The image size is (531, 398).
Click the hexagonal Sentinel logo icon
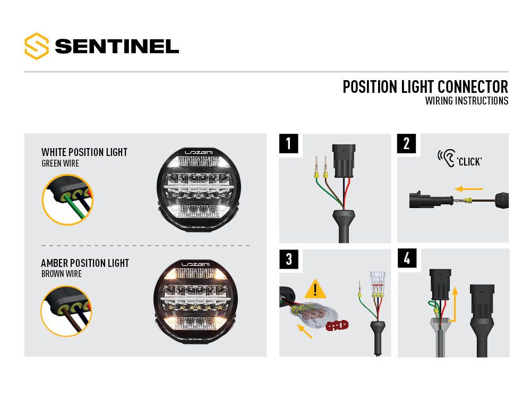tap(37, 46)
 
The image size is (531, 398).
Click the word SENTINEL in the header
tap(117, 47)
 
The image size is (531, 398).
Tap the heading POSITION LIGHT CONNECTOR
tap(425, 86)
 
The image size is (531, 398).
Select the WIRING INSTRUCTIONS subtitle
tap(466, 101)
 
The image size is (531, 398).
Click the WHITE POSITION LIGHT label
tap(84, 152)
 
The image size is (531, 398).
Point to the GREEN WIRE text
tap(60, 163)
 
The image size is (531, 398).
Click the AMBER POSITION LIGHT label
tap(85, 263)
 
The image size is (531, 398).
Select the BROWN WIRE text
tap(62, 274)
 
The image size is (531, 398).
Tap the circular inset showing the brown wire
tap(64, 311)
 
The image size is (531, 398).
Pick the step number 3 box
tap(288, 259)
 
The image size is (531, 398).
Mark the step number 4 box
tap(407, 259)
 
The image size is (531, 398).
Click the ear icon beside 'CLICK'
tap(445, 157)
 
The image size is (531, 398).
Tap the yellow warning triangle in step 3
tap(315, 289)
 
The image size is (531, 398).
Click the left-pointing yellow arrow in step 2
tap(469, 188)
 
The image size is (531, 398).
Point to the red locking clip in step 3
tap(338, 325)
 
